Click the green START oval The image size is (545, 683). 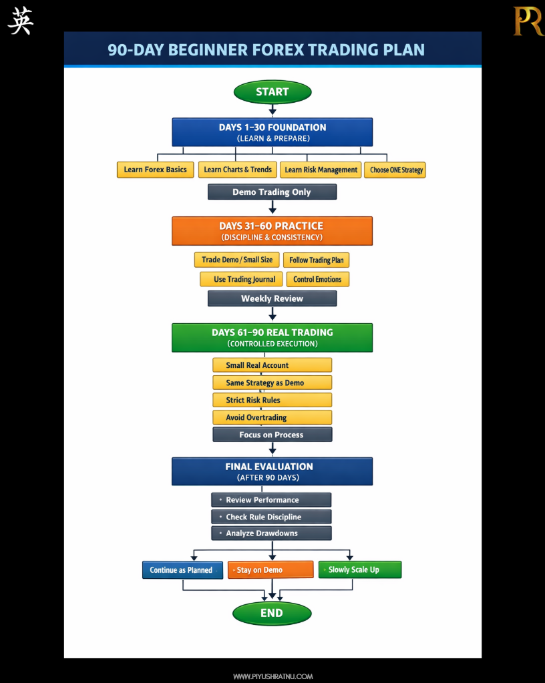[272, 92]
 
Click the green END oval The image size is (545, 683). [272, 613]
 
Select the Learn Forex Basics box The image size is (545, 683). [156, 170]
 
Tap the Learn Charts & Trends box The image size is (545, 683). [238, 170]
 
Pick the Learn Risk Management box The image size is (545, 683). [321, 170]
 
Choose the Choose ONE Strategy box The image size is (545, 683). [395, 170]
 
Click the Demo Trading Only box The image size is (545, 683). [272, 192]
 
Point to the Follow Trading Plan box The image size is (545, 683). [317, 260]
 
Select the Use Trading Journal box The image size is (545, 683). [241, 279]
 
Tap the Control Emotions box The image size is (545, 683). [317, 279]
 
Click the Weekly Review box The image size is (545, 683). [272, 298]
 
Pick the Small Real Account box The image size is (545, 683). [272, 365]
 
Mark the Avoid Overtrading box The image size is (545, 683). [272, 417]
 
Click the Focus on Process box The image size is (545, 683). [272, 435]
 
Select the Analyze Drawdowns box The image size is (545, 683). [272, 533]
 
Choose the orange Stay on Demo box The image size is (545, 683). [270, 570]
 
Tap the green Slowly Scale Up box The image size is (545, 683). [359, 570]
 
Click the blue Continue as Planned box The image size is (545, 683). [182, 570]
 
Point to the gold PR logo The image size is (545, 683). [528, 21]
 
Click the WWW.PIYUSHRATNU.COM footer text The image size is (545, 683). [272, 676]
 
